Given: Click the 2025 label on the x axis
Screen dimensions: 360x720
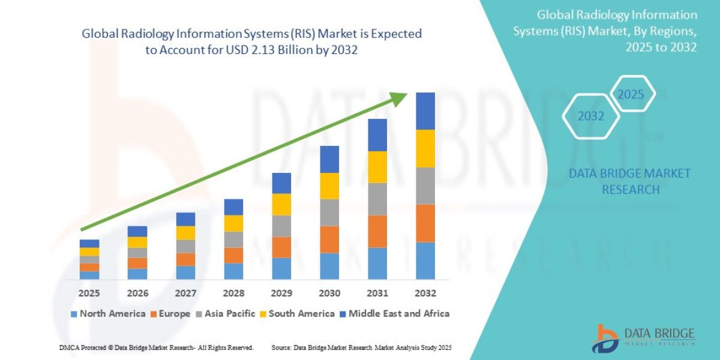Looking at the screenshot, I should [89, 293].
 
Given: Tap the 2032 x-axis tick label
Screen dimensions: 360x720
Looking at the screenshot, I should [425, 293].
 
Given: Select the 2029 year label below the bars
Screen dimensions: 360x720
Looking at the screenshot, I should [281, 293].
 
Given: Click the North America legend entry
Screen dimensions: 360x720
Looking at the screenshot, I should [108, 313].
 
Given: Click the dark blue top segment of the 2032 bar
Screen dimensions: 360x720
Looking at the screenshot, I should [425, 111].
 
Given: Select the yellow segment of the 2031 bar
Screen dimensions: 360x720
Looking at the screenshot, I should [377, 167].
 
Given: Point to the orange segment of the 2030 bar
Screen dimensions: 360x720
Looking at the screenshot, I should [329, 239].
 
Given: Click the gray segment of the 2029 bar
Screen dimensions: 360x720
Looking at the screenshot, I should [281, 226].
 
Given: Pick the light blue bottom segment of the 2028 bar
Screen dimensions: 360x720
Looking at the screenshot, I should [233, 271].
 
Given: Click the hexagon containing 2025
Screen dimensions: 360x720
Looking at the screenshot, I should [631, 94].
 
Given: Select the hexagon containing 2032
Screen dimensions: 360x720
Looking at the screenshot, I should [590, 116].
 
